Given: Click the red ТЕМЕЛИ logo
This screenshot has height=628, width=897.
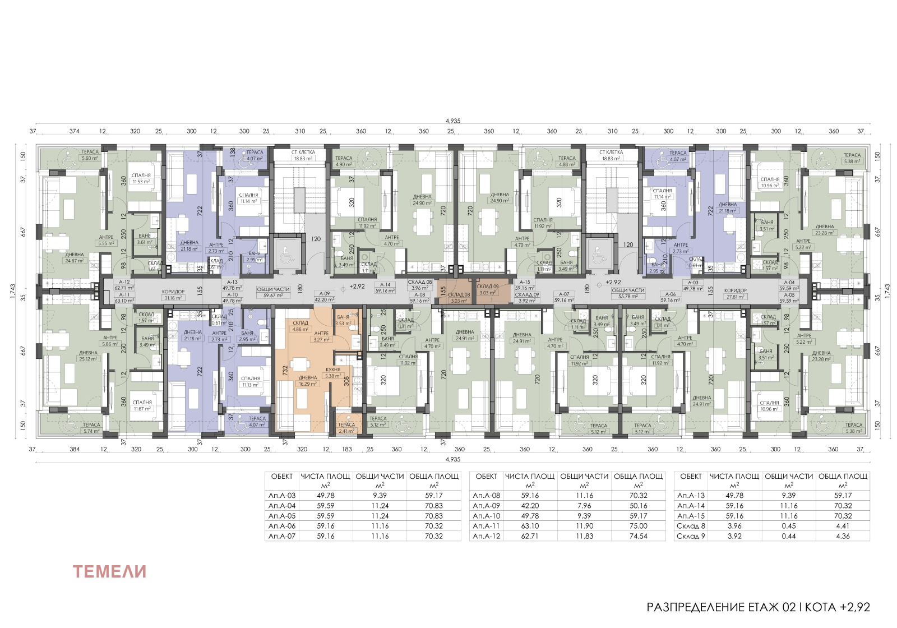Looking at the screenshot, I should click(x=110, y=571).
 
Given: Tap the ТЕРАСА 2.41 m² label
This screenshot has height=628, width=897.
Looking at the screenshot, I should click(x=346, y=428).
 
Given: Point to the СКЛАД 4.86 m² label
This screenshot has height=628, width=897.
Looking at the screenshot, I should click(x=300, y=326).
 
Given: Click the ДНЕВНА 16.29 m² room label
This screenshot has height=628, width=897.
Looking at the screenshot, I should click(x=308, y=381).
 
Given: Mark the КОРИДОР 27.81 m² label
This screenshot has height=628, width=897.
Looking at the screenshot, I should click(x=735, y=293).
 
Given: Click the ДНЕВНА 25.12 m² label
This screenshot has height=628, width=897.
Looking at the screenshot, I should click(x=88, y=355).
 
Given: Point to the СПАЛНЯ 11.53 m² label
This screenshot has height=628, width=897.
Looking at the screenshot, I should click(x=141, y=178).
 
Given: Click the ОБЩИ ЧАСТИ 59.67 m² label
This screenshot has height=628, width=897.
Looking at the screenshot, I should click(x=274, y=292).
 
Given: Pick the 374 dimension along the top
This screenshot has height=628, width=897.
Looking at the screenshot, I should click(x=74, y=131).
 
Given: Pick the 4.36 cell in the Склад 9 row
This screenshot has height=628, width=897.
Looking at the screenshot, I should click(x=843, y=536).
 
